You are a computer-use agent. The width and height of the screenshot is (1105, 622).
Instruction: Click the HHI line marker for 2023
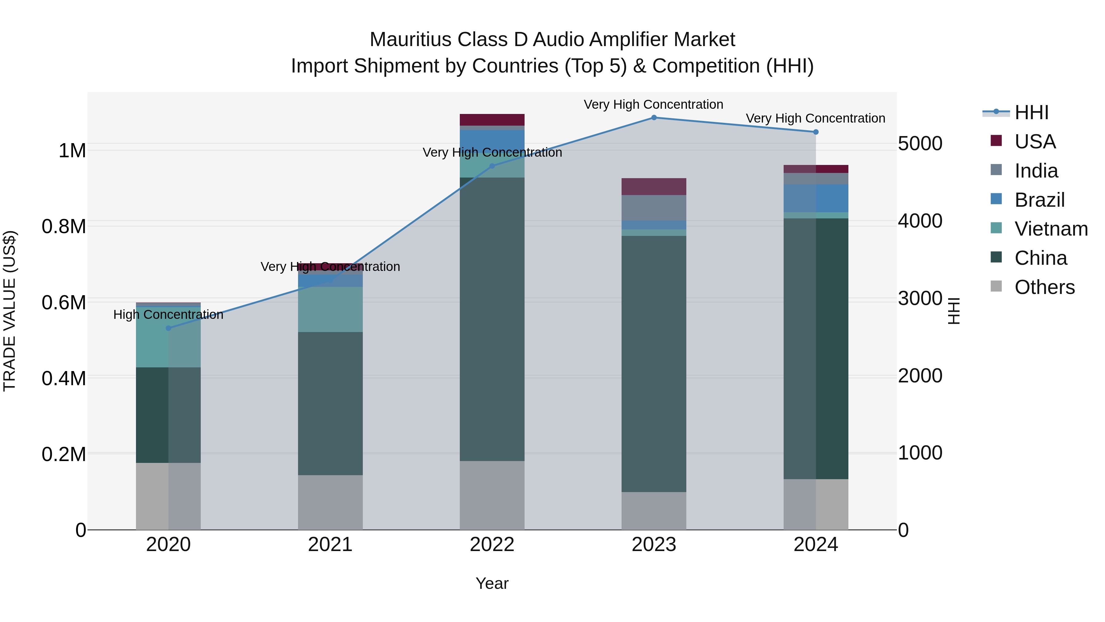pyautogui.click(x=654, y=118)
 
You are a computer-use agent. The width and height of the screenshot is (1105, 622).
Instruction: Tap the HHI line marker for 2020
pyautogui.click(x=168, y=328)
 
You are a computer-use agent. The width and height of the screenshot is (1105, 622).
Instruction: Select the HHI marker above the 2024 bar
pyautogui.click(x=816, y=132)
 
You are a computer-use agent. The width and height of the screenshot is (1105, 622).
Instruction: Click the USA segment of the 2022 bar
pyautogui.click(x=492, y=120)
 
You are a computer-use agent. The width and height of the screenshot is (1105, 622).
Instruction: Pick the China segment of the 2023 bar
pyautogui.click(x=654, y=364)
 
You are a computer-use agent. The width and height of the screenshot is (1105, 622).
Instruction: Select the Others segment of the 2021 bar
pyautogui.click(x=330, y=502)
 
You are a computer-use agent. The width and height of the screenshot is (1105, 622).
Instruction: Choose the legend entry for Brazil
pyautogui.click(x=1039, y=200)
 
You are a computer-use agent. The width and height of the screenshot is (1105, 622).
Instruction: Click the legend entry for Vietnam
pyautogui.click(x=1051, y=229)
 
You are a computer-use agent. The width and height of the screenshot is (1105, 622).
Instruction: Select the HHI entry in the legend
pyautogui.click(x=1031, y=112)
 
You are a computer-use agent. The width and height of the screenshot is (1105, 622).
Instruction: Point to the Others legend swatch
pyautogui.click(x=996, y=286)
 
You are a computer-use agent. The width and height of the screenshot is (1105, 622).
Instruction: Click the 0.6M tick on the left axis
pyautogui.click(x=64, y=303)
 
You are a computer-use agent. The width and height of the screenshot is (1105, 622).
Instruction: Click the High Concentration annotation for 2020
pyautogui.click(x=168, y=315)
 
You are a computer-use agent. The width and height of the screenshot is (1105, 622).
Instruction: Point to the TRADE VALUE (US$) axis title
pyautogui.click(x=10, y=311)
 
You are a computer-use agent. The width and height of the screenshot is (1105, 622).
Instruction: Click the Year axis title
pyautogui.click(x=492, y=584)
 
